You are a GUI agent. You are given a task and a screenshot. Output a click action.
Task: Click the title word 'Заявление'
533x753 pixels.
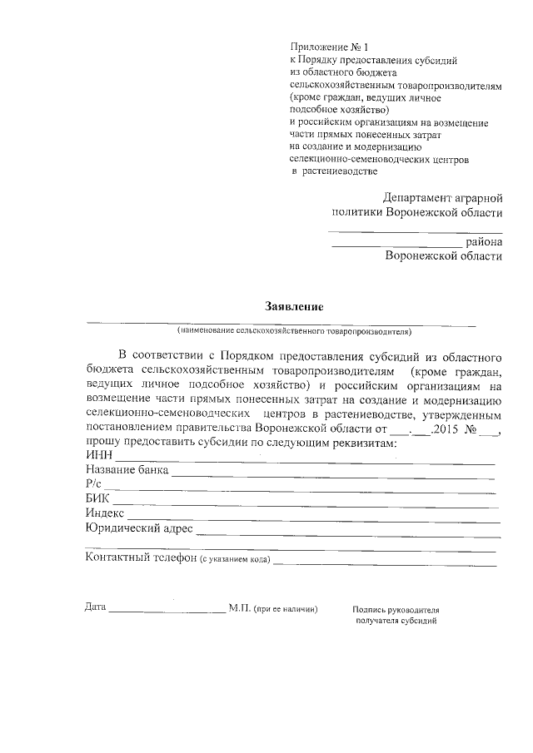(x=294, y=306)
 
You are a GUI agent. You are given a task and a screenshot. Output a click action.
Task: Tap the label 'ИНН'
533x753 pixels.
(x=99, y=456)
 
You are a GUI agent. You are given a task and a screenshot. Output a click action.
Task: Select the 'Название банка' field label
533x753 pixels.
(x=127, y=470)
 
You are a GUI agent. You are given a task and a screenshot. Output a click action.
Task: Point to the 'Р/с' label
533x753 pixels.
(x=93, y=484)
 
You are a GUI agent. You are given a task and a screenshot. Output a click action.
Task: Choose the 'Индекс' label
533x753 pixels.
(x=105, y=513)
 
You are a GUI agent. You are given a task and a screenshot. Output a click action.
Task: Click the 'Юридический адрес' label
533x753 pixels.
(x=139, y=528)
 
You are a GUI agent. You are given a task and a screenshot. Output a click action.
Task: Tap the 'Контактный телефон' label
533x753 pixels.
(x=141, y=557)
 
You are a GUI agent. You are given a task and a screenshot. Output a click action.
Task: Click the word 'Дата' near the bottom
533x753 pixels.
(x=96, y=607)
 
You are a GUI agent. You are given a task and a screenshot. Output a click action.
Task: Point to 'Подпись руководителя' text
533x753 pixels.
(x=396, y=609)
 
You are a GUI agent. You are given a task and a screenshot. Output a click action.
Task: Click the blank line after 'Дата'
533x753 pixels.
(x=167, y=612)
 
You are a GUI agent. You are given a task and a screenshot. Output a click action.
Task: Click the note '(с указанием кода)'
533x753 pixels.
(x=235, y=559)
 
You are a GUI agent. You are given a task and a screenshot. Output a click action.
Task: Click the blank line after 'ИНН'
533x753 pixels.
(x=304, y=461)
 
